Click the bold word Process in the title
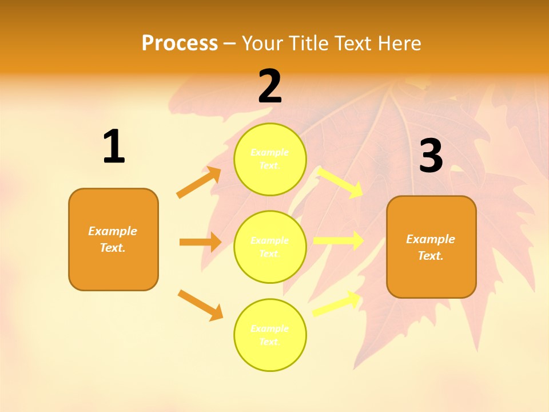point(180,43)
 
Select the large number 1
point(114,147)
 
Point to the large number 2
point(270,86)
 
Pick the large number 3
point(431,156)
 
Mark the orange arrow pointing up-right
point(199,183)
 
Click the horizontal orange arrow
point(200,242)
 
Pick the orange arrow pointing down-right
point(200,305)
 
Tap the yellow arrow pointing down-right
point(341,182)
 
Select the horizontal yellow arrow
point(338,240)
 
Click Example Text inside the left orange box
point(113,239)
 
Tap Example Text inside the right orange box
point(431,247)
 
